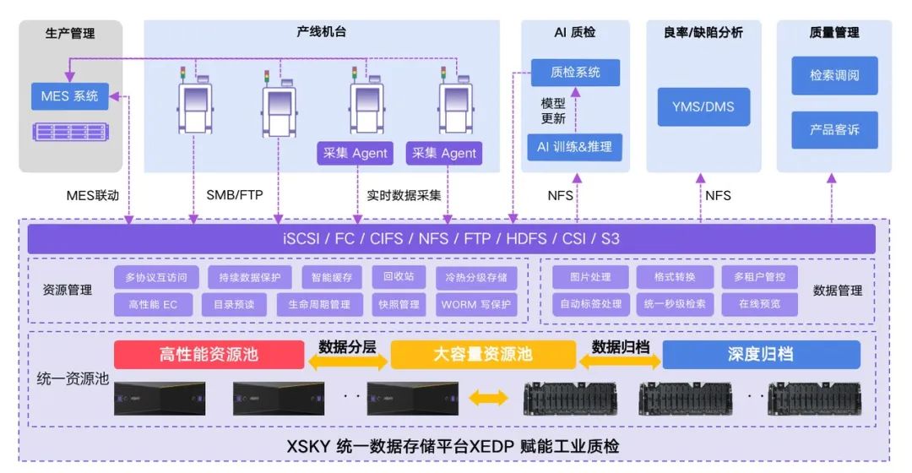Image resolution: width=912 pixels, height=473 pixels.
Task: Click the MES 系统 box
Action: tap(70, 96)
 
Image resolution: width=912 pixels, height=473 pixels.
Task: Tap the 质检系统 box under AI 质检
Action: tap(575, 72)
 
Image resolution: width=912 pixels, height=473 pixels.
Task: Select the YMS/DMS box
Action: tap(703, 106)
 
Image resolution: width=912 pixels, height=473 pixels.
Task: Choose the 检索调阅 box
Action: tap(834, 75)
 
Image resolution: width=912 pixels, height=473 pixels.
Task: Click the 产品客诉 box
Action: tap(834, 130)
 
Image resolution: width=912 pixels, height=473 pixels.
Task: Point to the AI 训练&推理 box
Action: tap(575, 147)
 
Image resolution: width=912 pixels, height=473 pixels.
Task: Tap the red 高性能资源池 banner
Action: tap(209, 354)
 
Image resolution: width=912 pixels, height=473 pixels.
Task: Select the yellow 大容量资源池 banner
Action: tap(483, 354)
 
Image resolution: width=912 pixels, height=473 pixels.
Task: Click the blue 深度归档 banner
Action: tap(761, 354)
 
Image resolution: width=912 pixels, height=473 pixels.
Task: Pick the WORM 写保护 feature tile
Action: tap(475, 304)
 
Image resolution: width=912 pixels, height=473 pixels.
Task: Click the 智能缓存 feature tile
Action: tap(332, 278)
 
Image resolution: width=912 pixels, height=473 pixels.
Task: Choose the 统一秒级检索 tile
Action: tap(675, 304)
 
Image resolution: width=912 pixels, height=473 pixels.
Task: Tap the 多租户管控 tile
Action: tap(759, 277)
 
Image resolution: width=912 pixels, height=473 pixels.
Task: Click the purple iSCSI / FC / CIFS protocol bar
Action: tap(451, 238)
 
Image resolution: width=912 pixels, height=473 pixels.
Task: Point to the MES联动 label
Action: tap(93, 195)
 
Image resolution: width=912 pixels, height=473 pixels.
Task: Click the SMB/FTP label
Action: tap(235, 195)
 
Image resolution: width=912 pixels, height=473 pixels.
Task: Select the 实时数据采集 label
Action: tap(404, 195)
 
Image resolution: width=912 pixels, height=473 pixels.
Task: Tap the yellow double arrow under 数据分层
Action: tap(347, 362)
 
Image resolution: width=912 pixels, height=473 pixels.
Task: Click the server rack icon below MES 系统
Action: tap(70, 132)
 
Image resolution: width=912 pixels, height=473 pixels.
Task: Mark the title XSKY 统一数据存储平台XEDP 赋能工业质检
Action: tap(453, 446)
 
